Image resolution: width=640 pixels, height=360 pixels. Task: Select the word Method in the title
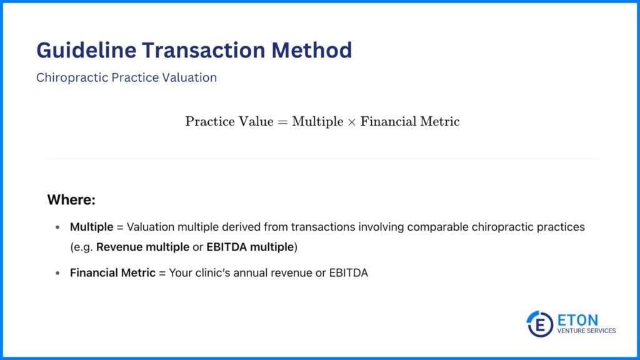pos(316,50)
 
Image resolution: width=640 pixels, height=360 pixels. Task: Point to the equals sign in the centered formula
pos(282,122)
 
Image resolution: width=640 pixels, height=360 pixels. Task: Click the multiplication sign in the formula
pos(351,122)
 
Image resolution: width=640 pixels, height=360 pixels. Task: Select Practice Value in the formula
pos(229,121)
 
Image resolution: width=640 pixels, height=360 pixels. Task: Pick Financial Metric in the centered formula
pos(410,121)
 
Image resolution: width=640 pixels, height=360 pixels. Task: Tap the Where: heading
pos(71,201)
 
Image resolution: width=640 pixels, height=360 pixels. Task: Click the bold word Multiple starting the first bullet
pos(92,227)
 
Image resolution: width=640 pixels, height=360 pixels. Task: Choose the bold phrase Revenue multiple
pos(142,247)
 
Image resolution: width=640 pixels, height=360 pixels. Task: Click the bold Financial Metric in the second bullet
pos(112,273)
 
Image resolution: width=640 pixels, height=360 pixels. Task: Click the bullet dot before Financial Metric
pos(57,273)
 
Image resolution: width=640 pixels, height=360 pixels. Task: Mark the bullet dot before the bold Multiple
pos(57,227)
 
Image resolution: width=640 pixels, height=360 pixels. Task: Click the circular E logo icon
pos(539,324)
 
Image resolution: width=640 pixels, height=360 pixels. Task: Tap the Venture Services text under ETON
pos(586,331)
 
